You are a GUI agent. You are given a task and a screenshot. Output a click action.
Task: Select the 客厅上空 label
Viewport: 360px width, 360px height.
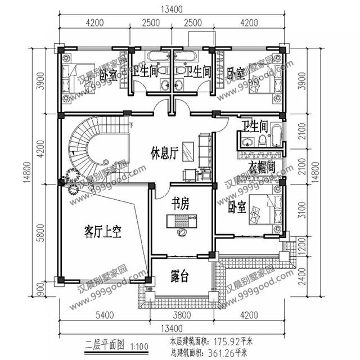tap(103, 231)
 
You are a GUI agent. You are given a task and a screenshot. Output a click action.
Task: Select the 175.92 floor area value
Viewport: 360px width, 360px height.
tap(227, 340)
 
